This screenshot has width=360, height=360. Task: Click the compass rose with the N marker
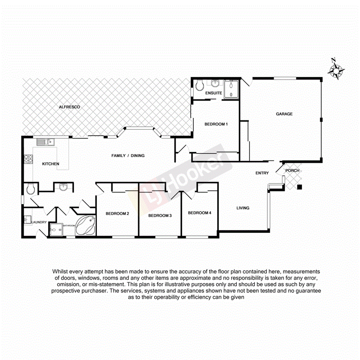336,70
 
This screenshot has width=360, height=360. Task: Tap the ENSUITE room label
213,93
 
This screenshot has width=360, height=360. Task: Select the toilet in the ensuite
199,85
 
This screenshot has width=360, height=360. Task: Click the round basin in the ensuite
216,83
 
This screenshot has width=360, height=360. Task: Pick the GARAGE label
284,114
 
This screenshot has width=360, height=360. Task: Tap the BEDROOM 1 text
216,124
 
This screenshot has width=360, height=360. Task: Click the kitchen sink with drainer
47,142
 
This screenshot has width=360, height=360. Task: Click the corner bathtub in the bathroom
86,226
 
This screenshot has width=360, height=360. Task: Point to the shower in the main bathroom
56,229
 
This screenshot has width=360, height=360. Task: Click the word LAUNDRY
39,222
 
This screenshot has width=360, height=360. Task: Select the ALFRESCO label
69,107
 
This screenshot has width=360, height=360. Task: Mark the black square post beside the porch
299,188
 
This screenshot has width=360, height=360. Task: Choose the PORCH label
292,170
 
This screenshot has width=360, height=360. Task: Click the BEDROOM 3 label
160,216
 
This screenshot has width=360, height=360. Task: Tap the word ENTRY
262,173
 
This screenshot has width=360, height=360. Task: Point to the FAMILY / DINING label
128,156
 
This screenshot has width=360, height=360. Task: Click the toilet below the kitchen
31,189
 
